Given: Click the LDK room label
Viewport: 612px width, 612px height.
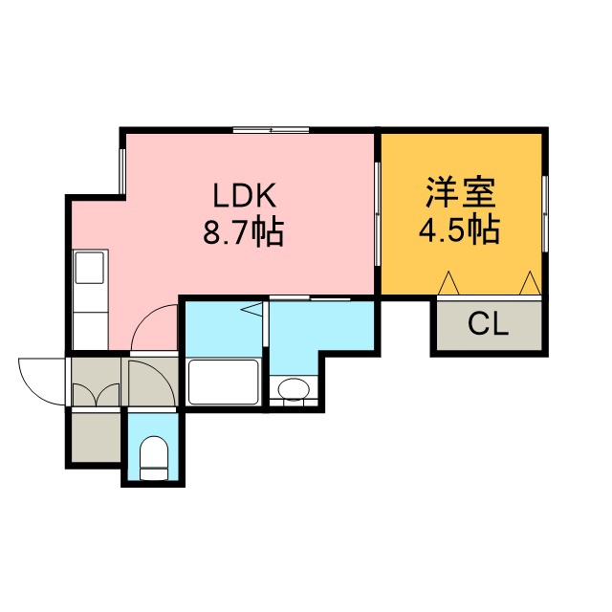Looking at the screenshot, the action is point(245,195).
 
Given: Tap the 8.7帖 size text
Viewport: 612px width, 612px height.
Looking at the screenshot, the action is point(243,233).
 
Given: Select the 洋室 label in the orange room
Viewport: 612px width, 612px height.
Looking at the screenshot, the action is point(461,192).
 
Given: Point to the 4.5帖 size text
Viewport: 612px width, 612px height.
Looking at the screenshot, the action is point(459,230).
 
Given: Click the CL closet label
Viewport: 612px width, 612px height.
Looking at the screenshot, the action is point(489,324).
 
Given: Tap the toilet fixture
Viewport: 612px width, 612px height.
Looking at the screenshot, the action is point(154,458).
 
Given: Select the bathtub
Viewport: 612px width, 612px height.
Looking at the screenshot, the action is point(223,382).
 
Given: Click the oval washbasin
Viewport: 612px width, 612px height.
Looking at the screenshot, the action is point(294,389).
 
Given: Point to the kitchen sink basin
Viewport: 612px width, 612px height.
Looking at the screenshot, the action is point(90,268).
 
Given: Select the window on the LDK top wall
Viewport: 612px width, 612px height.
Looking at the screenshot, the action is point(272,130).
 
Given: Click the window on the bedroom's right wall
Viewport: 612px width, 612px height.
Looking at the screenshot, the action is point(545,213).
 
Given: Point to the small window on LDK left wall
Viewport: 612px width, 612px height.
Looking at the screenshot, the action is point(122,172).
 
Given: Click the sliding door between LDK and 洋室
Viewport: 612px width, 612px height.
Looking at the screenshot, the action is point(378,214).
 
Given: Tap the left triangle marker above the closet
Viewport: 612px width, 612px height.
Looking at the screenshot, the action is point(448,283).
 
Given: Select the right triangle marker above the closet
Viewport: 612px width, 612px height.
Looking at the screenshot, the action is point(530,283).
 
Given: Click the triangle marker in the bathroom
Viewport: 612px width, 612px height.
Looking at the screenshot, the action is point(252,309).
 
